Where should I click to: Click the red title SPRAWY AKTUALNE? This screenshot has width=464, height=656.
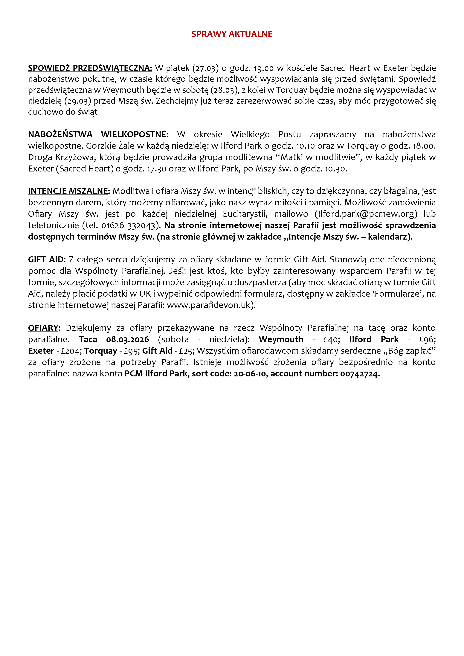232,34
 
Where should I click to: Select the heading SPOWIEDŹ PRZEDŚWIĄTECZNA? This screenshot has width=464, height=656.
90,68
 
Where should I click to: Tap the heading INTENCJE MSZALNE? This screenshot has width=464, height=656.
69,191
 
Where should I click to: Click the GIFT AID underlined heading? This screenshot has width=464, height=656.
46,260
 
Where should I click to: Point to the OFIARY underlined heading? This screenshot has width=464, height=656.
43,328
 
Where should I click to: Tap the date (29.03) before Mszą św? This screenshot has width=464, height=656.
77,101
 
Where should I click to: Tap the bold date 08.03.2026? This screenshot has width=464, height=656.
128,339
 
